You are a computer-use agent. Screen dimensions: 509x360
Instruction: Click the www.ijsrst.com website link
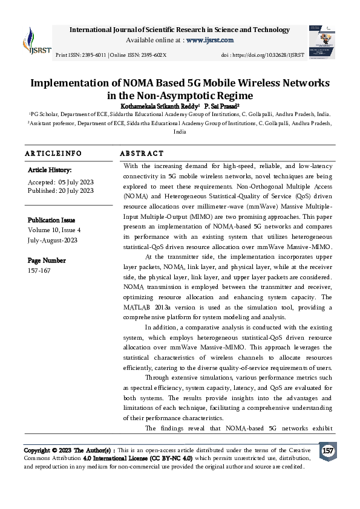210,40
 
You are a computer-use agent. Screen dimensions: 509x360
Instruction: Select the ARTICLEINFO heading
53,154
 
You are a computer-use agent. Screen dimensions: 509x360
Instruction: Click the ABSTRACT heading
142,154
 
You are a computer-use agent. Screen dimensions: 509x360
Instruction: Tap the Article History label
50,170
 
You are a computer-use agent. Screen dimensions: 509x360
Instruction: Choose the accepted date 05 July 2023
76,182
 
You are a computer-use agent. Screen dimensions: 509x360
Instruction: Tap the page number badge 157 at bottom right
327,451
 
